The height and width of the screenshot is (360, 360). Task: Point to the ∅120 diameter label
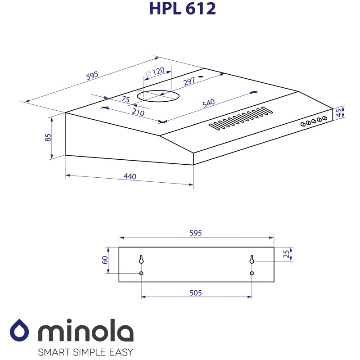(x=156, y=72)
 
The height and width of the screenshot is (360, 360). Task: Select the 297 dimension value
(x=189, y=81)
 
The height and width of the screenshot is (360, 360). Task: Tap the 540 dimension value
(x=208, y=103)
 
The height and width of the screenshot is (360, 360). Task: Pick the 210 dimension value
(x=138, y=112)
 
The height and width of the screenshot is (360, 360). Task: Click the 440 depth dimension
(x=130, y=176)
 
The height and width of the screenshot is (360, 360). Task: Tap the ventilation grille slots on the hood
(x=240, y=118)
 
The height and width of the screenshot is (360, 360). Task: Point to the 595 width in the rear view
(x=196, y=233)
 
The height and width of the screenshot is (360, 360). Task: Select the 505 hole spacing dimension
(x=195, y=292)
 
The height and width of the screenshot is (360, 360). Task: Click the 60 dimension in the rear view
(x=104, y=260)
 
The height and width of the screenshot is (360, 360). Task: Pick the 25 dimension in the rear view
(x=286, y=254)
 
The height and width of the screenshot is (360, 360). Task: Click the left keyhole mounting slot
(x=141, y=260)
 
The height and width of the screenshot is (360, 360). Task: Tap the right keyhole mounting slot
(x=252, y=259)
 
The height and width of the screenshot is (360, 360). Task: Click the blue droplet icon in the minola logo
(x=20, y=331)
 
